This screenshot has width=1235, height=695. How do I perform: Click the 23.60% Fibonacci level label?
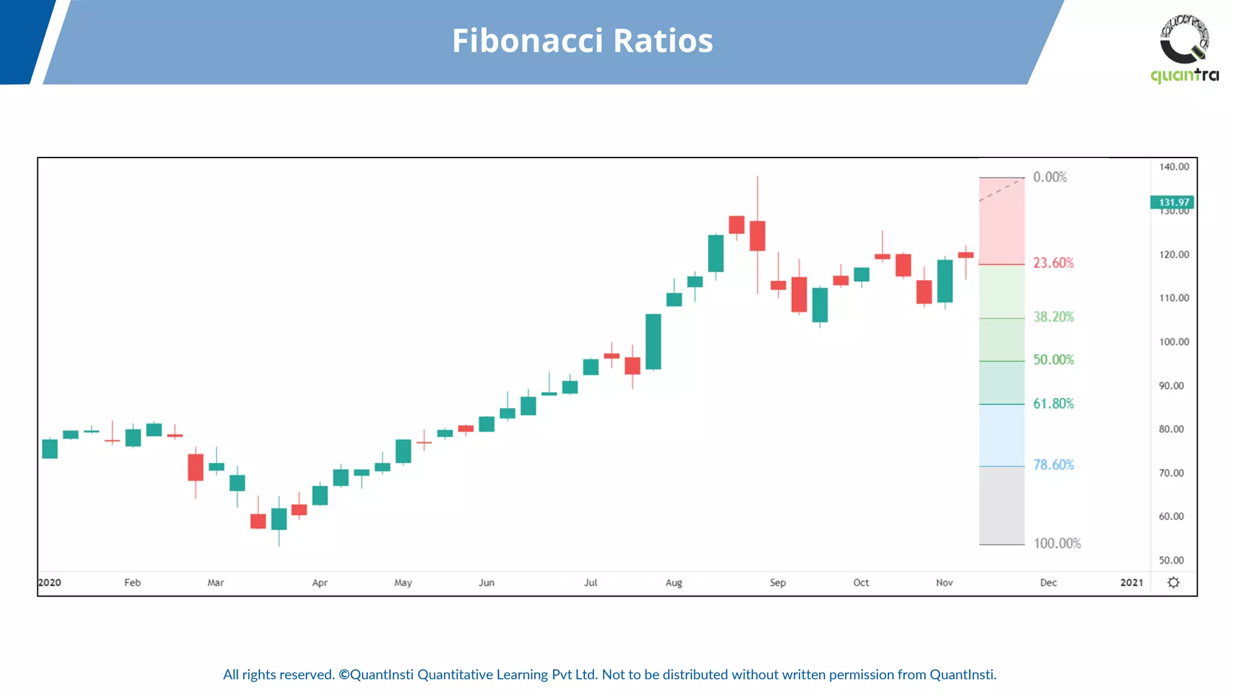1053,263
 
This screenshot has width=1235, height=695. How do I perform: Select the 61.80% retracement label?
1053,404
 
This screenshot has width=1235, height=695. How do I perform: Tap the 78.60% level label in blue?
1053,465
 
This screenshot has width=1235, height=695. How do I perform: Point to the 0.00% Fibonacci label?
1049,177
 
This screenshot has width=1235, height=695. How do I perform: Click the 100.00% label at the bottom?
1057,544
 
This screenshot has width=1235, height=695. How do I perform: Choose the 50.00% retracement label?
1053,360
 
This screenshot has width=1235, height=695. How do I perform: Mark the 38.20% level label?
1053,317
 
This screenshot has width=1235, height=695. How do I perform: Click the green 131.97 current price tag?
1173,202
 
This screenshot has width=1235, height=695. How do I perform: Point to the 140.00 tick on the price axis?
1173,167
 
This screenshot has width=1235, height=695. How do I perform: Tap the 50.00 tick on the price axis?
1171,560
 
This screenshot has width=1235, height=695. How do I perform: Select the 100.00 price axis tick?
1173,342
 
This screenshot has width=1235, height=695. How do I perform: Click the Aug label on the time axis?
674,583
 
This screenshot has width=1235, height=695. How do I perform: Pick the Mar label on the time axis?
215,583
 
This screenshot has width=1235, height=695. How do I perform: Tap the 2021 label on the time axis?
1131,583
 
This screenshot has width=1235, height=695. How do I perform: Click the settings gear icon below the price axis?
1173,583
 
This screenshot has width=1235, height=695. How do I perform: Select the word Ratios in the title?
663,41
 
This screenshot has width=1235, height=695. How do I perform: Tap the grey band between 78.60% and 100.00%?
1002,506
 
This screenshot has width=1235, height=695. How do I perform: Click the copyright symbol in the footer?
344,674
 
